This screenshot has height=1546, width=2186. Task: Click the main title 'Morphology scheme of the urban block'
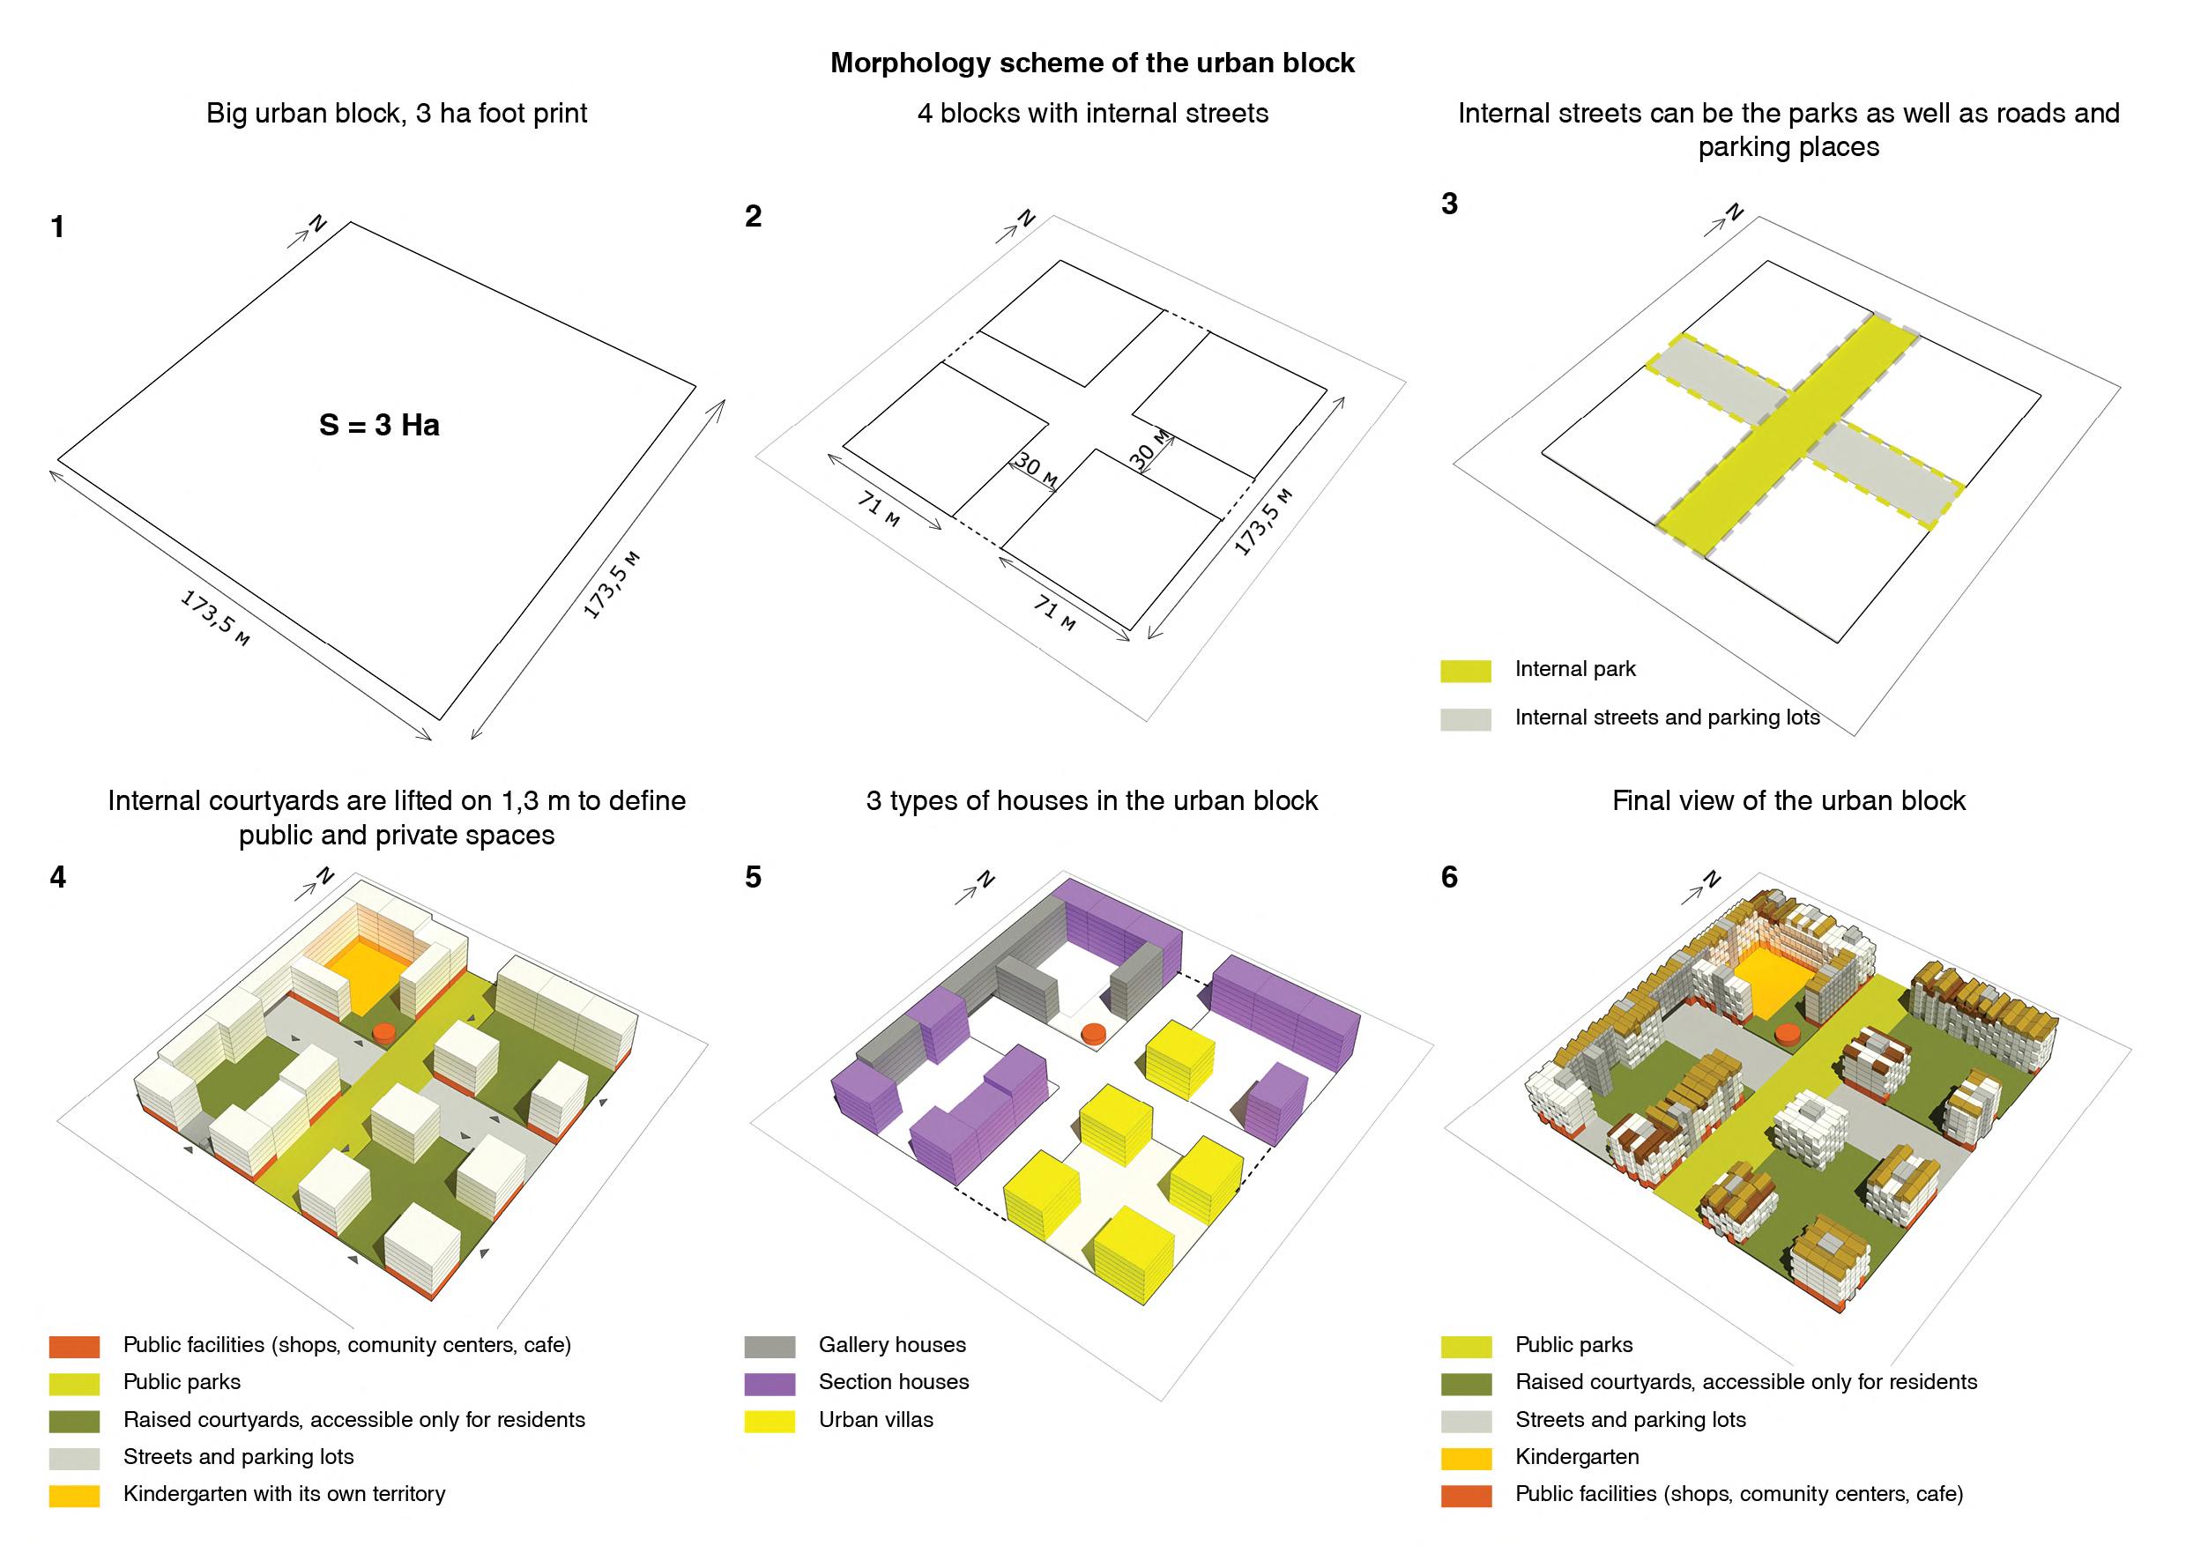click(1092, 63)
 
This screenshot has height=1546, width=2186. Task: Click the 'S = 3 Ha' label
click(379, 425)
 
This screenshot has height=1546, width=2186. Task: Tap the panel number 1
click(58, 227)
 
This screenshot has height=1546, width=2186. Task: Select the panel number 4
click(58, 877)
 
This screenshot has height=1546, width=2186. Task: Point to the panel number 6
click(1449, 877)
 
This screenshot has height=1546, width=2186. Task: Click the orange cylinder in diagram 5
click(1094, 1032)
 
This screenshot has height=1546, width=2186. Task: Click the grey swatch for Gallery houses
click(770, 1346)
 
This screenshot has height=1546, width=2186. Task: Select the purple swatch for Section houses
click(770, 1383)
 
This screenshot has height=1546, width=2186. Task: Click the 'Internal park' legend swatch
click(1465, 670)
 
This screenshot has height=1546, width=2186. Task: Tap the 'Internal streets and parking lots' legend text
click(1667, 717)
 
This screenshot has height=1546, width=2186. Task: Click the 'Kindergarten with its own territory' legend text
click(284, 1495)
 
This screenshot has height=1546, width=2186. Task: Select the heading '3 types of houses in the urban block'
click(1092, 801)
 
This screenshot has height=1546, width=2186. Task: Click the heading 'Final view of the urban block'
click(1788, 801)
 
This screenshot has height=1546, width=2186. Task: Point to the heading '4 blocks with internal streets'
click(1092, 115)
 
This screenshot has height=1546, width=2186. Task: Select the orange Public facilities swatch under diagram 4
click(74, 1346)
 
